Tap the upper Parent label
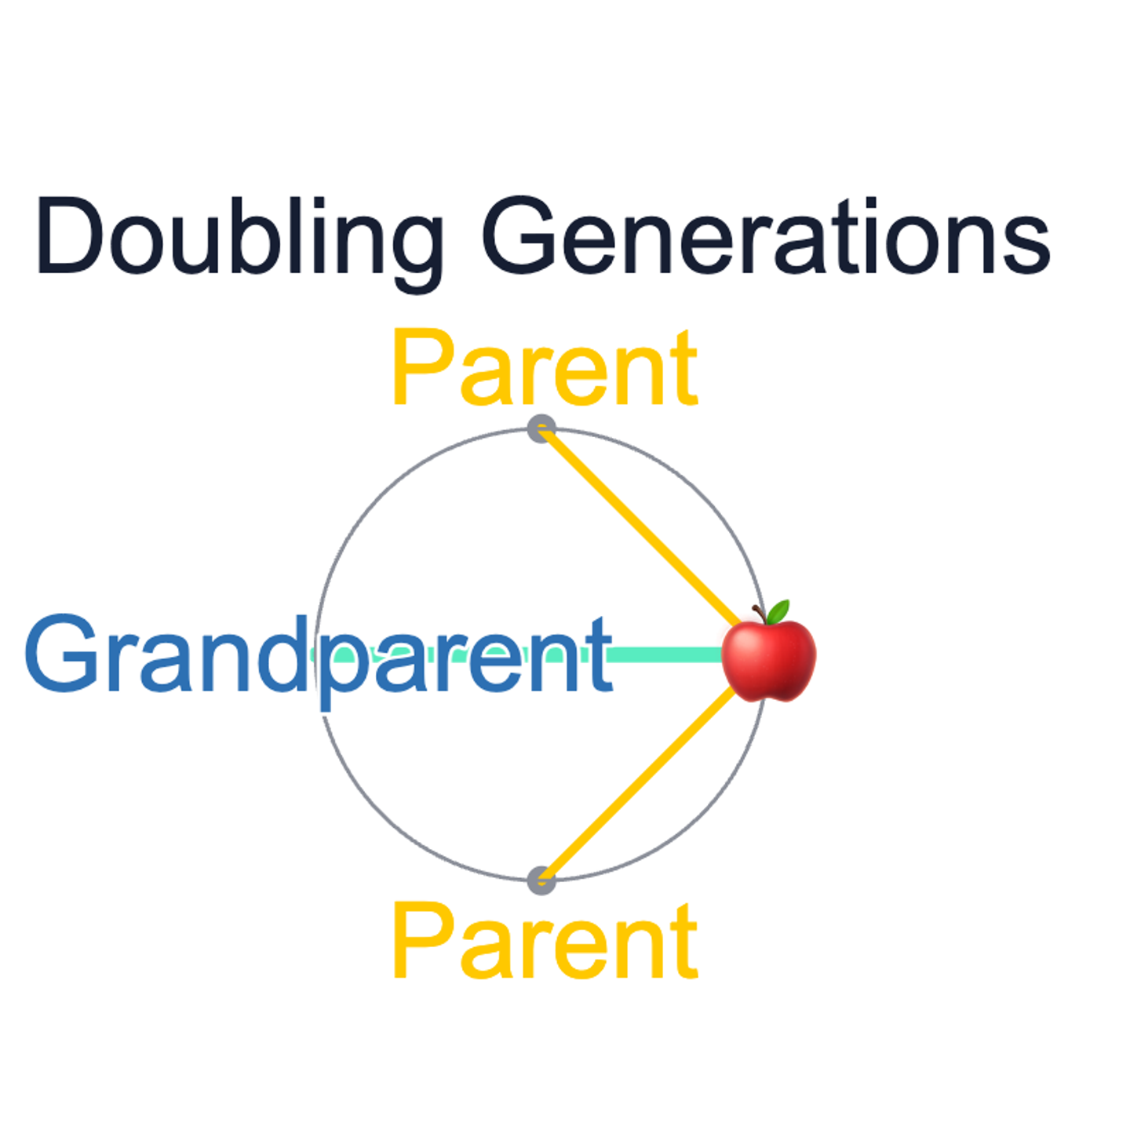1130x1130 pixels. click(545, 369)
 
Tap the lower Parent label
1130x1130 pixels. click(545, 941)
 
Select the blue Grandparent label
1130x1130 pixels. click(318, 656)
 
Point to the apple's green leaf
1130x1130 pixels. click(778, 611)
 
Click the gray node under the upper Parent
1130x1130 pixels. click(541, 429)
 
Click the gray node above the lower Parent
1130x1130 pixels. click(541, 880)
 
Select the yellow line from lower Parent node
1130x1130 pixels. click(640, 785)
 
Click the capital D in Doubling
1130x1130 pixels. click(70, 235)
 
